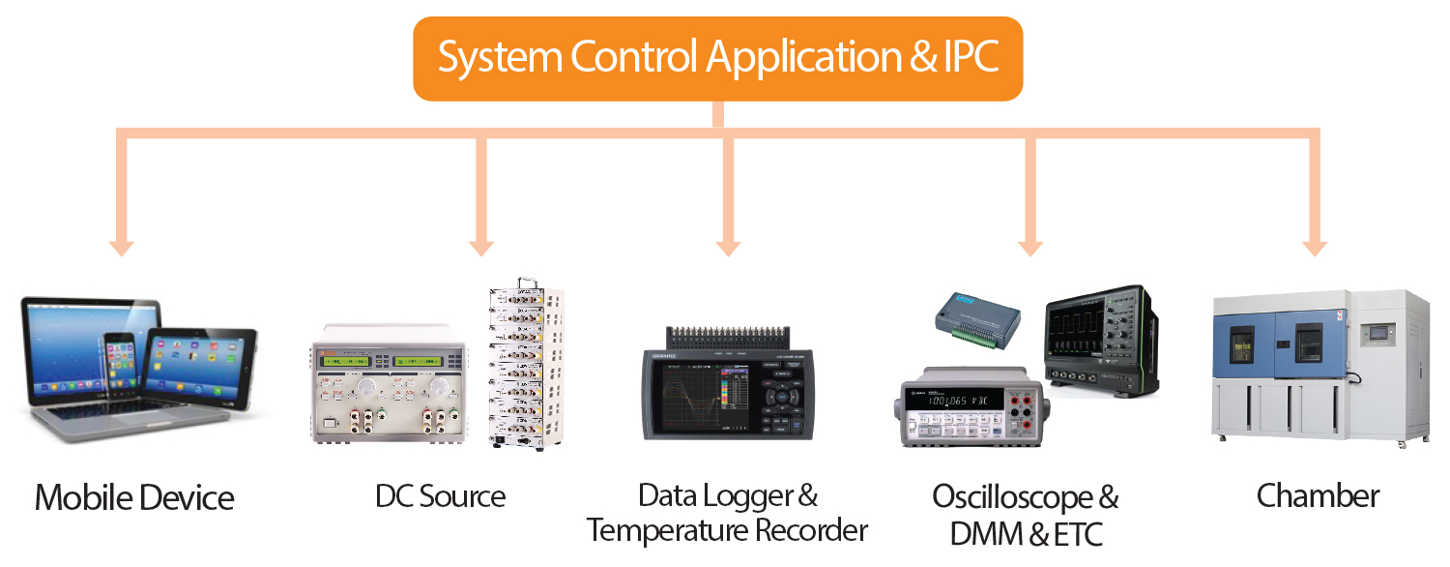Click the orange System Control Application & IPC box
717,58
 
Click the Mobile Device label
134,498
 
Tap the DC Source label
441,497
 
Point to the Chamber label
1318,496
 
